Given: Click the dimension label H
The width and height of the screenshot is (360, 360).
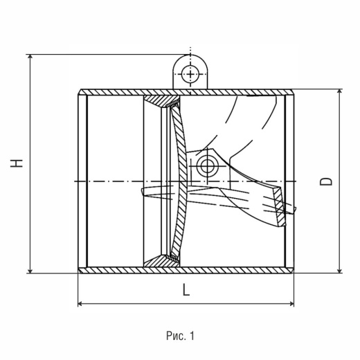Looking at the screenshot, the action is click(17, 163).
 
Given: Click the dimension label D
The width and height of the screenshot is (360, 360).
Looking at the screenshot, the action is click(326, 181).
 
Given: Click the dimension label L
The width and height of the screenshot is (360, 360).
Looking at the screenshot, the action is click(186, 289).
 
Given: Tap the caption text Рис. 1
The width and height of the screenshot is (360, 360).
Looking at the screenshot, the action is click(180, 336).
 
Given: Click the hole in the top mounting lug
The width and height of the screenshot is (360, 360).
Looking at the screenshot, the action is click(190, 74).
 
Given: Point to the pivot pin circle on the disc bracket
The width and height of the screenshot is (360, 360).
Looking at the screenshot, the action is click(207, 166).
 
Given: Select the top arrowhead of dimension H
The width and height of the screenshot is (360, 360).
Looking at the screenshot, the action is click(30, 57).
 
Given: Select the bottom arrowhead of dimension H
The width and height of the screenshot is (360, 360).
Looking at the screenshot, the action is click(30, 271).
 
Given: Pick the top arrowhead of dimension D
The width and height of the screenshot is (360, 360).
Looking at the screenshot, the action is click(339, 92).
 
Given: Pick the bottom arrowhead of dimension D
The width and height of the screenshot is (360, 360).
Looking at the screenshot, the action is click(339, 270).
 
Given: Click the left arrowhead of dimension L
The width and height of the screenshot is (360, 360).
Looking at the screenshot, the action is click(80, 304).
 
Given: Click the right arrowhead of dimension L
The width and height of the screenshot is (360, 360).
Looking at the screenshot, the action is click(291, 304).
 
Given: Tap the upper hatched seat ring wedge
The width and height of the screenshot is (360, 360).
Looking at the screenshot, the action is click(161, 100).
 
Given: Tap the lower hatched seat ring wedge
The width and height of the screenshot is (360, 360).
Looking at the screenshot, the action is click(161, 262).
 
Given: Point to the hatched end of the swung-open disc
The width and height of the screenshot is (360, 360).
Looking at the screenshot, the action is click(280, 206).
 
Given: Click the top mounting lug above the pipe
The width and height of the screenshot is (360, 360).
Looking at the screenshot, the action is click(190, 71).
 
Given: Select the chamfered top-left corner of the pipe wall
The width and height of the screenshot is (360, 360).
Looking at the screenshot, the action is click(80, 92).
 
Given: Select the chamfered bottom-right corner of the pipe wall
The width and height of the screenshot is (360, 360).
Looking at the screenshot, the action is click(291, 270).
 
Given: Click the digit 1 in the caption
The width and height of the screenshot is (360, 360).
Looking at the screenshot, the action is click(192, 336).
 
